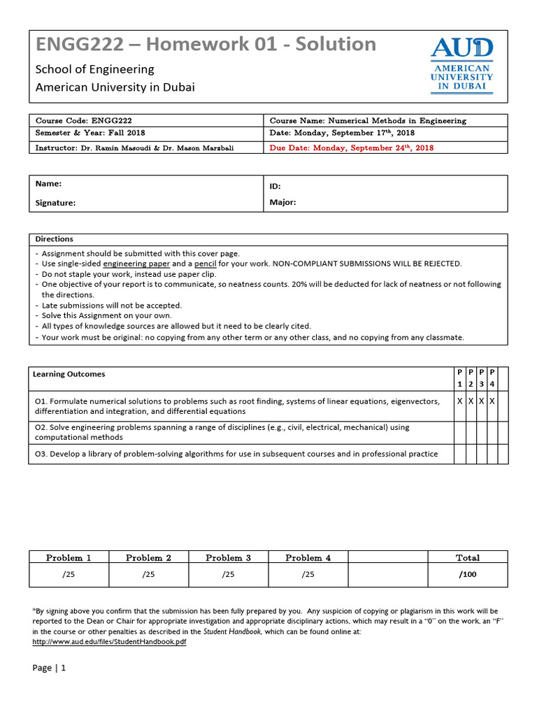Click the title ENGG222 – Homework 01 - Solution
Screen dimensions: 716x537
click(x=206, y=45)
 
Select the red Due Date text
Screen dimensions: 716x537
click(x=351, y=148)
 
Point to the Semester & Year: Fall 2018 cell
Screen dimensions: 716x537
click(x=90, y=133)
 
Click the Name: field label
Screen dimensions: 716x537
click(x=48, y=184)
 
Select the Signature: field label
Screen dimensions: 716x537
click(x=55, y=203)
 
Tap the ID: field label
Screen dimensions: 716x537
click(x=275, y=187)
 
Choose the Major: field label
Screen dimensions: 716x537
click(x=282, y=203)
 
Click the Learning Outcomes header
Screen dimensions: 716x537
click(x=69, y=374)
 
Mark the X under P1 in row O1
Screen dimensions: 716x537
click(x=459, y=401)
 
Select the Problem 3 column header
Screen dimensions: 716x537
click(x=228, y=558)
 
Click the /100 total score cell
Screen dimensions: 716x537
click(x=467, y=575)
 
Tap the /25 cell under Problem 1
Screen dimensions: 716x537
click(x=69, y=575)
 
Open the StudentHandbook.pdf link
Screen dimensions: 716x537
click(x=110, y=641)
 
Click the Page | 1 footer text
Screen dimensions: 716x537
click(x=49, y=668)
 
